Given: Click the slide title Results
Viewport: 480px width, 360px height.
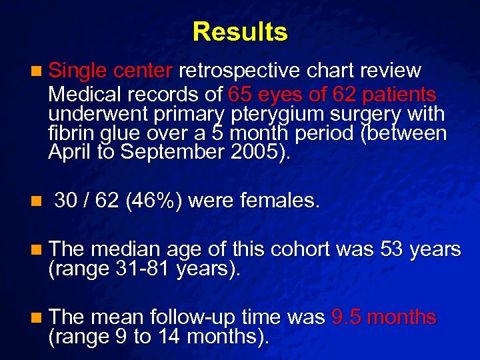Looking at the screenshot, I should [240, 31].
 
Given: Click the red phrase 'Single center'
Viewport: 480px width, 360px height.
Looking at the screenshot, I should [111, 70].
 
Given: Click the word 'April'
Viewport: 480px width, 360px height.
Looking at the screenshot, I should [71, 153].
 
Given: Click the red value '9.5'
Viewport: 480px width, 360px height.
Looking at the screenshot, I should [347, 318].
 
